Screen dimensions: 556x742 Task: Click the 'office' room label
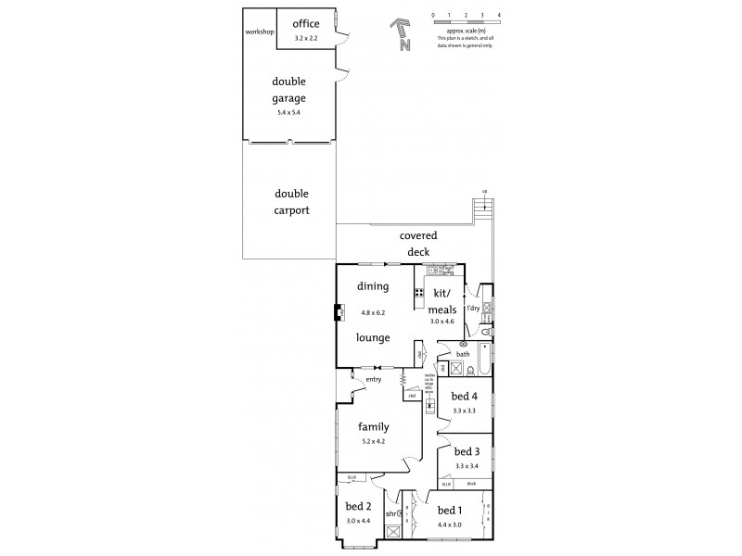tap(305, 24)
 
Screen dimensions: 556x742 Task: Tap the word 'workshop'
tap(259, 32)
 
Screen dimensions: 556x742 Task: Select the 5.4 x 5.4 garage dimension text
tap(288, 113)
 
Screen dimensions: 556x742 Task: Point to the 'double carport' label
tap(290, 201)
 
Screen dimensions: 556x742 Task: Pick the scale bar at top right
tap(466, 19)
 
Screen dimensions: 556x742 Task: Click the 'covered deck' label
tap(417, 243)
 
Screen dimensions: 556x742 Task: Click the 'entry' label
tap(373, 379)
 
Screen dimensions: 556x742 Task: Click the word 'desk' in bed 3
tap(471, 484)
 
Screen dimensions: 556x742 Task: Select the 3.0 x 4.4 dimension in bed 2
tap(358, 522)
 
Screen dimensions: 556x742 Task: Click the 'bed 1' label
tap(449, 511)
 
